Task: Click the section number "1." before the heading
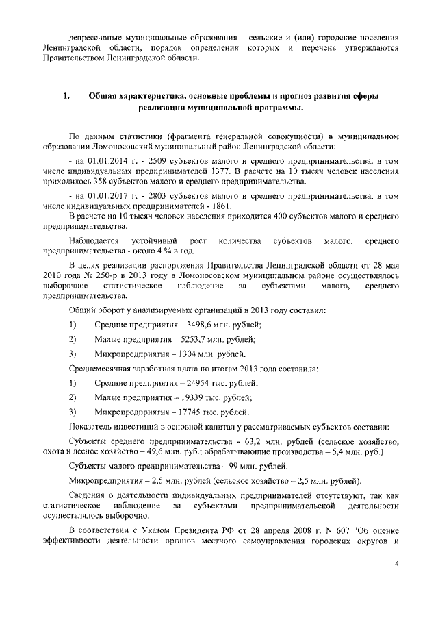[x=66, y=96]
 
